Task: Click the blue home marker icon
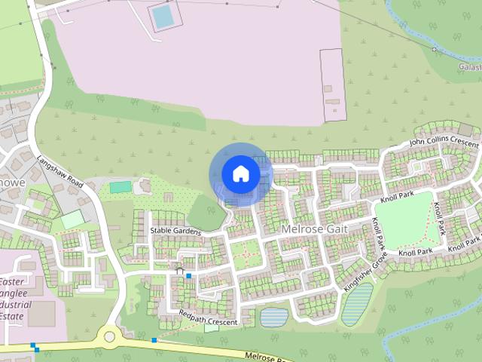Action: pyautogui.click(x=240, y=173)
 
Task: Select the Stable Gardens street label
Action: pyautogui.click(x=175, y=231)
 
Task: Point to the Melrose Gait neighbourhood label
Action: pyautogui.click(x=312, y=227)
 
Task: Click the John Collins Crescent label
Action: pyautogui.click(x=444, y=141)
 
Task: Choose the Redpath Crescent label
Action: pyautogui.click(x=208, y=322)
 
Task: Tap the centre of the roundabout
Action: pyautogui.click(x=111, y=335)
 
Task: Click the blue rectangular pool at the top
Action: pyautogui.click(x=162, y=17)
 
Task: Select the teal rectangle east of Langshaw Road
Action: pyautogui.click(x=120, y=187)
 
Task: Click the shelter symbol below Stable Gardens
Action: pyautogui.click(x=179, y=269)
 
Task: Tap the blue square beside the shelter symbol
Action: pyautogui.click(x=188, y=276)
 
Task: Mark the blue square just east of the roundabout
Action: pyautogui.click(x=154, y=341)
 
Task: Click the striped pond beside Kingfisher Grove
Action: pyautogui.click(x=357, y=304)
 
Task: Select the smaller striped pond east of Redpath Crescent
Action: pyautogui.click(x=274, y=318)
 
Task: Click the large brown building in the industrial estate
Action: pyautogui.click(x=41, y=314)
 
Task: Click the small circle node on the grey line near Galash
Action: pyautogui.click(x=435, y=49)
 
